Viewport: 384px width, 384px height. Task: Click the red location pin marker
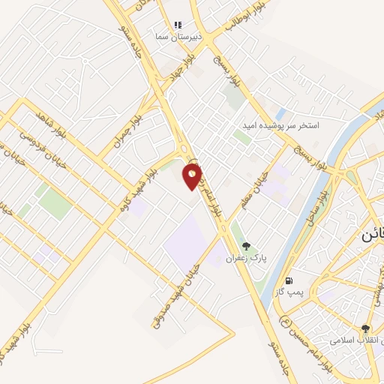[193, 176]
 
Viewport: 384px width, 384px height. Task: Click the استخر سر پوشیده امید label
[280, 125]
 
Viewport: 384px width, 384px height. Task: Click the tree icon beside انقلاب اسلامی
[365, 328]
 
